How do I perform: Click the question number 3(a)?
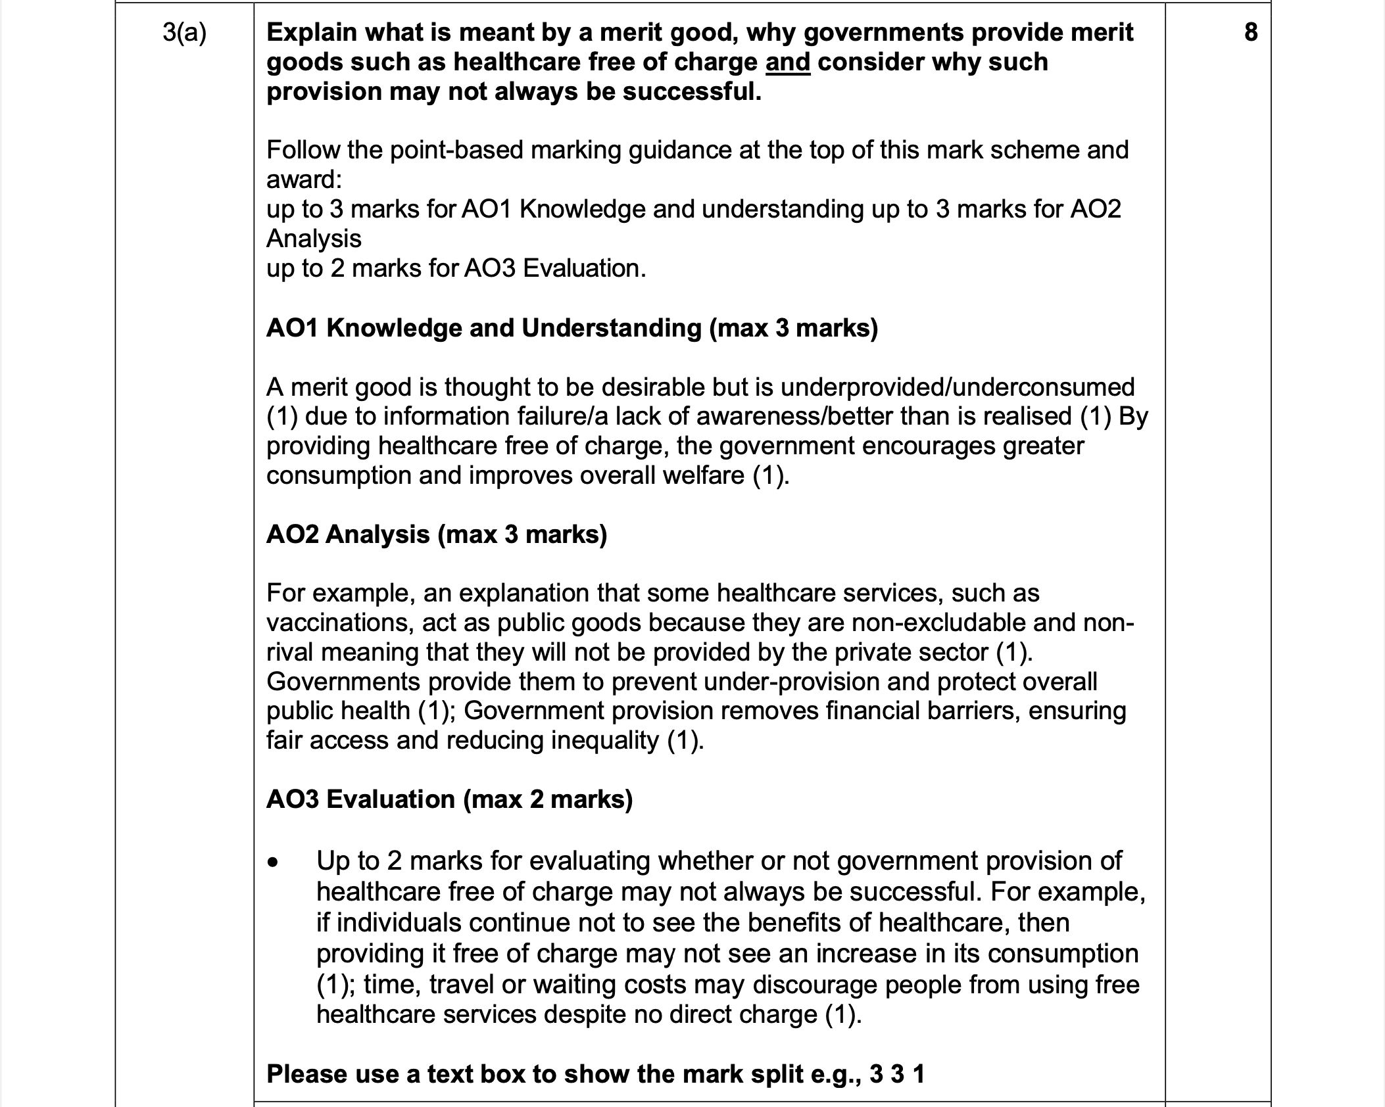pyautogui.click(x=184, y=33)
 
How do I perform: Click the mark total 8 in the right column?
pyautogui.click(x=1251, y=32)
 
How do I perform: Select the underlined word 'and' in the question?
pyautogui.click(x=787, y=62)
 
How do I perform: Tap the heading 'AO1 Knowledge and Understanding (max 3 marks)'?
pyautogui.click(x=571, y=327)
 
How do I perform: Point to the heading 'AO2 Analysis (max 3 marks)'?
pyautogui.click(x=436, y=534)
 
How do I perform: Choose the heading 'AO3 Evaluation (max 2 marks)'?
pyautogui.click(x=449, y=799)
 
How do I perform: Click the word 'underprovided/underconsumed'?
pyautogui.click(x=958, y=387)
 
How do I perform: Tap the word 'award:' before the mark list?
pyautogui.click(x=304, y=179)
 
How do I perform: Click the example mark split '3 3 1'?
pyautogui.click(x=897, y=1074)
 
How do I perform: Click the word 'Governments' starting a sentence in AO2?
pyautogui.click(x=343, y=681)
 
